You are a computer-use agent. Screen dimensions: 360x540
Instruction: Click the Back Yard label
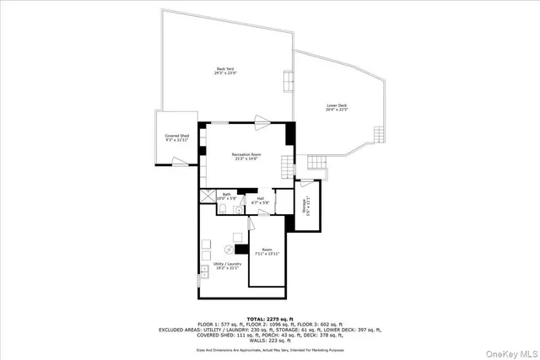tap(224, 71)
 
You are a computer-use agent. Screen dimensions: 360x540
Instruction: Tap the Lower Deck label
tap(337, 107)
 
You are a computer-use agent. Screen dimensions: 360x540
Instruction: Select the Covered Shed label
tap(176, 137)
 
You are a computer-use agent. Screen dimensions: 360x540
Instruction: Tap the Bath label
tap(227, 196)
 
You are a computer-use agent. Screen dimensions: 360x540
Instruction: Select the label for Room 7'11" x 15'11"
tap(267, 251)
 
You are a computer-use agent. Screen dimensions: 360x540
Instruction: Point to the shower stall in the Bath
tap(207, 197)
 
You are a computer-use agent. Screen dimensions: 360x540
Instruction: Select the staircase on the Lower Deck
tap(316, 163)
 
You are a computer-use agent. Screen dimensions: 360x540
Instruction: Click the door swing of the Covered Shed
tap(178, 162)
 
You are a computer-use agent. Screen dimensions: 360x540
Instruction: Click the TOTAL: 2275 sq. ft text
tap(269, 317)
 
